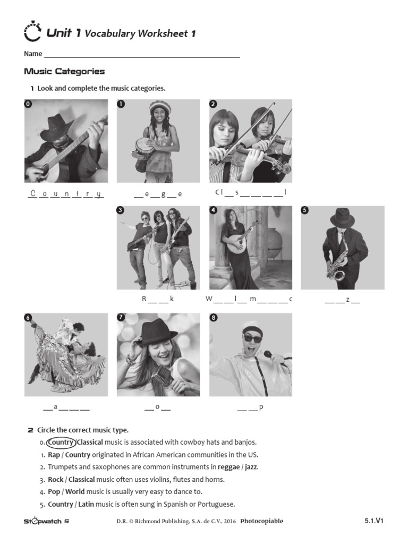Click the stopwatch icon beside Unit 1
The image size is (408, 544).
tap(32, 32)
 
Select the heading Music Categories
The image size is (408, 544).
tap(64, 71)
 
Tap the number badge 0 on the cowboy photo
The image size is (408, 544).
tap(28, 104)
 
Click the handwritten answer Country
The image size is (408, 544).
tap(65, 193)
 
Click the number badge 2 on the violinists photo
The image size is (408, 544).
tap(213, 104)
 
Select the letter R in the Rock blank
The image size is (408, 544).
tap(143, 299)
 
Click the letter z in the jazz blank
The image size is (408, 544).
tap(348, 300)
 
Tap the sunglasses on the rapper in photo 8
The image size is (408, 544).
tap(252, 338)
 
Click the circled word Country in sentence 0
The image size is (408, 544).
tap(61, 442)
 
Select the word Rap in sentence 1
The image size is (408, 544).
tap(54, 455)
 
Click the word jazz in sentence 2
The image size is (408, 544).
tap(250, 467)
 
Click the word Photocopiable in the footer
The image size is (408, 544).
tap(261, 521)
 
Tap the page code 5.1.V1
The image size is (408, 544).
tap(373, 521)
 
